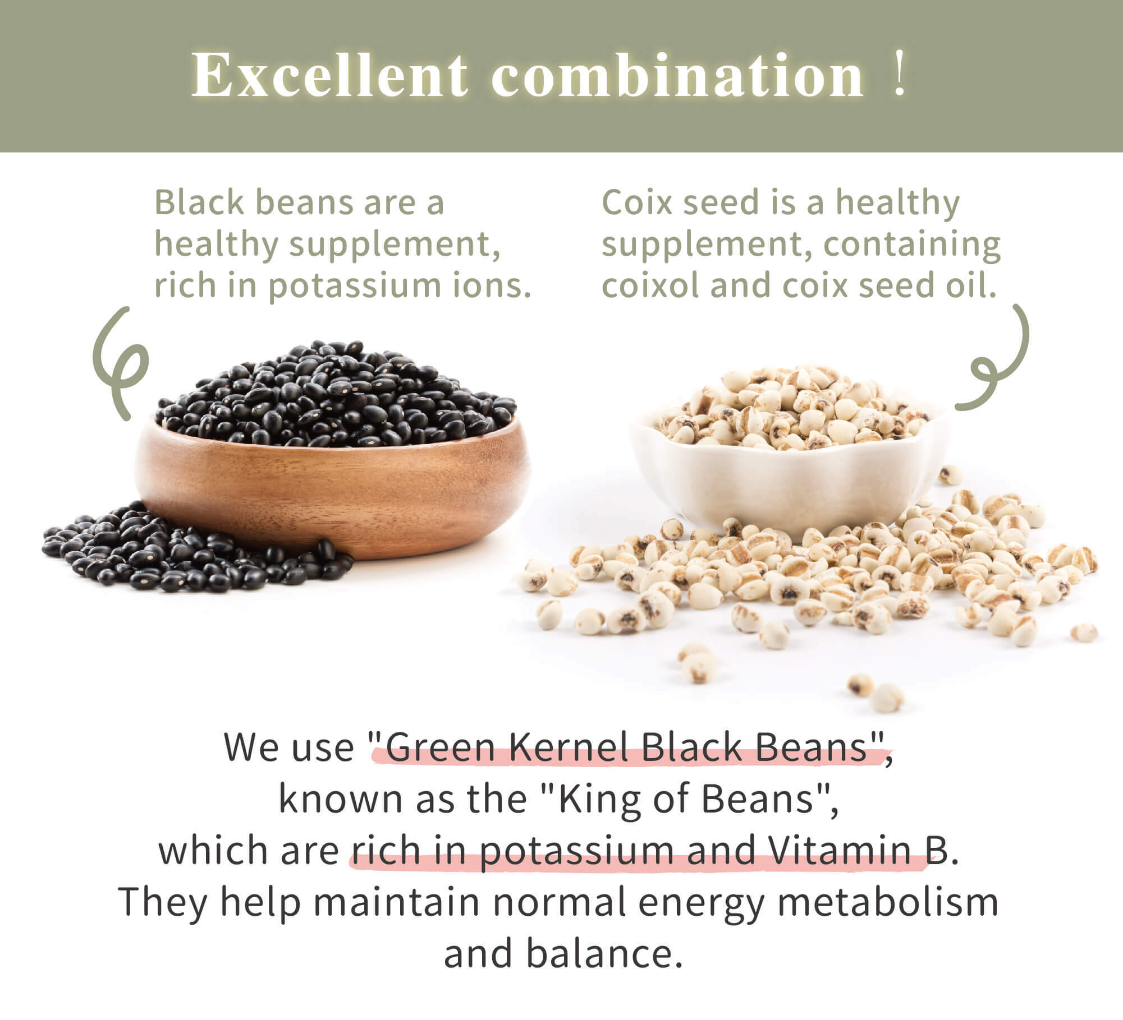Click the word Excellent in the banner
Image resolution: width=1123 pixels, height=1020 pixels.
click(x=329, y=75)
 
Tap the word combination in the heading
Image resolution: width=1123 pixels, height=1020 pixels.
click(x=677, y=75)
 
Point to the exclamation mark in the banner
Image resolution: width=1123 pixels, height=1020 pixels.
click(x=899, y=75)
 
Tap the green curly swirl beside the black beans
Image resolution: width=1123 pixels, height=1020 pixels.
click(x=119, y=364)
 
